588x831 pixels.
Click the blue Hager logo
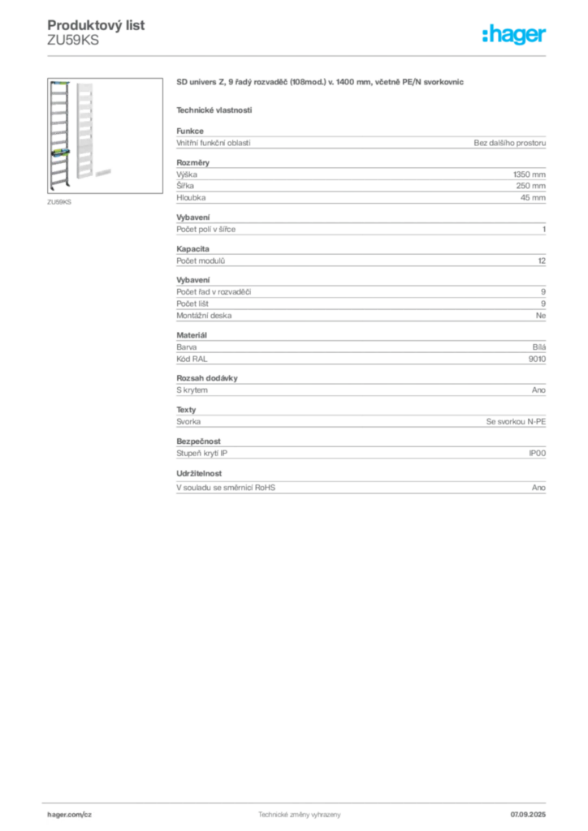coord(515,35)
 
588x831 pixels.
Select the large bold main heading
coord(322,83)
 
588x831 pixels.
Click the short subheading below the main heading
coord(214,110)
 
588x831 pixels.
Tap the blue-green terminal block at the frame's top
coord(58,83)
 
